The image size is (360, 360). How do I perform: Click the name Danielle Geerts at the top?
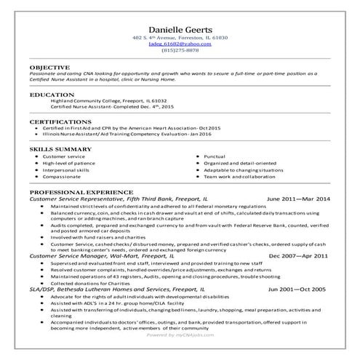pyautogui.click(x=180, y=26)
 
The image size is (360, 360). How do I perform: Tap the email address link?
pyautogui.click(x=180, y=44)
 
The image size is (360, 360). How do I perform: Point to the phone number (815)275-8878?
pyautogui.click(x=180, y=50)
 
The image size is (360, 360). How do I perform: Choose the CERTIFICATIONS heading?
pyautogui.click(x=60, y=121)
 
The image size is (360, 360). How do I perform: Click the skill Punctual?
pyautogui.click(x=215, y=156)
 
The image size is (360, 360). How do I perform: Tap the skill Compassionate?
pyautogui.click(x=63, y=177)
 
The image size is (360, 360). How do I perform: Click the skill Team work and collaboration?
pyautogui.click(x=241, y=177)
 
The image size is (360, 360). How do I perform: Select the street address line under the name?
pyautogui.click(x=180, y=37)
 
